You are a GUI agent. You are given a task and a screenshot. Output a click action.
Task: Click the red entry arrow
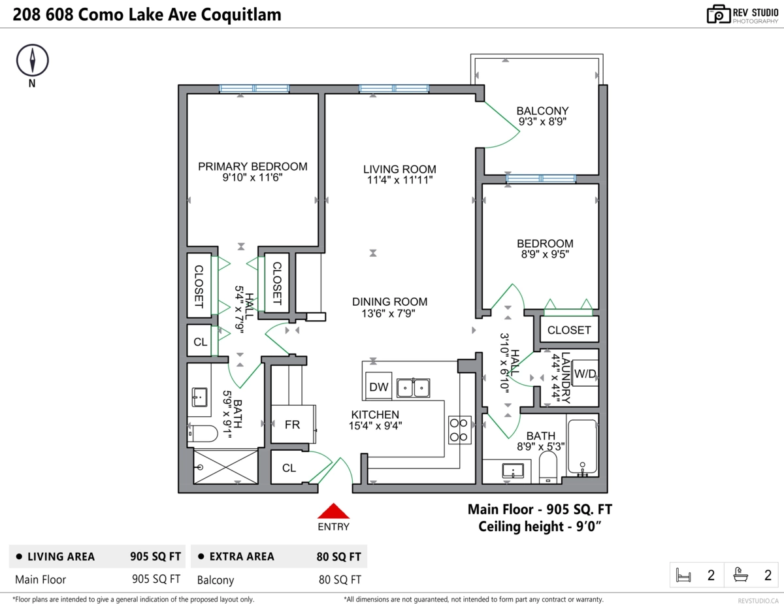tap(333, 511)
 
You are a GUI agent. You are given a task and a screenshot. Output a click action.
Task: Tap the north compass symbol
tap(33, 60)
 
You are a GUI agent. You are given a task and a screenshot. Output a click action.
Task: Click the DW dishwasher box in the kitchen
tap(378, 386)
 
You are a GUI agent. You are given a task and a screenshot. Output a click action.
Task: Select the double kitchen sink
tap(413, 388)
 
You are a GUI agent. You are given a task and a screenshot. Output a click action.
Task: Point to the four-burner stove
tap(460, 430)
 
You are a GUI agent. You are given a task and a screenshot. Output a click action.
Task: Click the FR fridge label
tap(292, 425)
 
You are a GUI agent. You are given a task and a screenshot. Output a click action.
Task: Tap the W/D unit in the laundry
tap(585, 373)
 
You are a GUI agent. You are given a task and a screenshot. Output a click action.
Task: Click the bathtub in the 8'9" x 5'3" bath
tap(582, 446)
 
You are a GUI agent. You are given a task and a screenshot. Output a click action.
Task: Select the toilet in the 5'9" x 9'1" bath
tap(203, 433)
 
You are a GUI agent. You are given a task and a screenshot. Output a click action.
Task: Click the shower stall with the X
tap(225, 466)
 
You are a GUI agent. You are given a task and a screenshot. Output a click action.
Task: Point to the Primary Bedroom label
tap(253, 167)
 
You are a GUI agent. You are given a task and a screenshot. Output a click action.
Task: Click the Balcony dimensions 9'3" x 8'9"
tap(542, 122)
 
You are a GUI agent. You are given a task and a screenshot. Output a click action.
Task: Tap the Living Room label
tap(399, 169)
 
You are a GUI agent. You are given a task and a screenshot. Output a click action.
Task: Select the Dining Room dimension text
tap(388, 314)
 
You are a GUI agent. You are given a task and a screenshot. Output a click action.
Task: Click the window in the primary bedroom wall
tap(254, 88)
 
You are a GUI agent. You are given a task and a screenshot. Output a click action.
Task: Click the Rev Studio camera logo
tap(718, 14)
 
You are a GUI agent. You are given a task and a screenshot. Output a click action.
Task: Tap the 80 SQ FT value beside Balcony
tap(340, 580)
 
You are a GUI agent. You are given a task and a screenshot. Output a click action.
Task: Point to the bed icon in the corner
tap(683, 575)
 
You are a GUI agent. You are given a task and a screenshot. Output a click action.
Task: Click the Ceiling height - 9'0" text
tap(540, 527)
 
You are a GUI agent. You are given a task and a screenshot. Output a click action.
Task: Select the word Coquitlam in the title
tap(241, 15)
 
